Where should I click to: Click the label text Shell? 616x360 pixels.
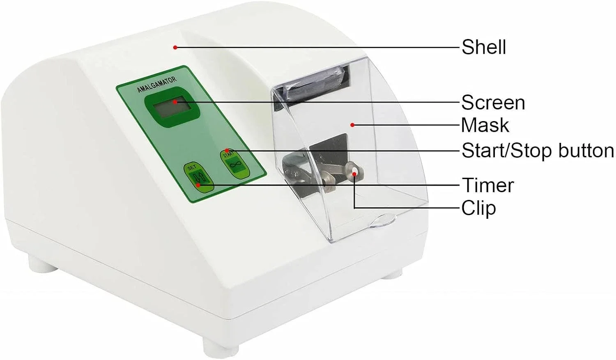tap(483, 47)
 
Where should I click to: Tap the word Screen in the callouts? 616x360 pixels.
tap(493, 103)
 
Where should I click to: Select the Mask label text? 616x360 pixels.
tap(485, 125)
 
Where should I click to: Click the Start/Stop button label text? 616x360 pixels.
tap(538, 151)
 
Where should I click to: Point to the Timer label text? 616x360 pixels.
tap(487, 185)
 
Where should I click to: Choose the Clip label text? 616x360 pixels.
tap(478, 208)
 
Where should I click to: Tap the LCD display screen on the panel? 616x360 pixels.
tap(172, 107)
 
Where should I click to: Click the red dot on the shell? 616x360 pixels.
tap(175, 47)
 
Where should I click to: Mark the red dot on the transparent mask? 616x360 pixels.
tap(352, 125)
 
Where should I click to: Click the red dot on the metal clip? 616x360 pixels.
tap(355, 174)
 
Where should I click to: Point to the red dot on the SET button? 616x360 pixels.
tap(198, 185)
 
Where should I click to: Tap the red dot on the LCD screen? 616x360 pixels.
tap(175, 102)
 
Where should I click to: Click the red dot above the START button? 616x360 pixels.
tap(227, 151)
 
